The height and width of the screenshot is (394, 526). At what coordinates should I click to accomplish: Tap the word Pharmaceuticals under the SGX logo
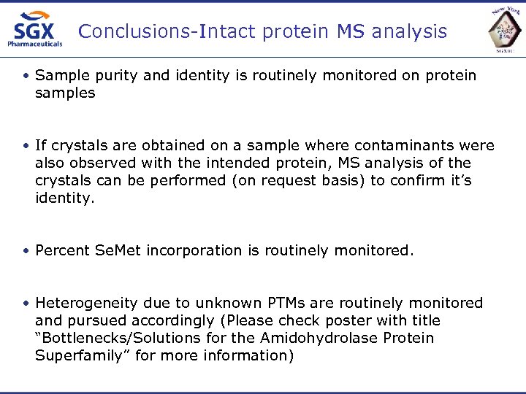pos(35,44)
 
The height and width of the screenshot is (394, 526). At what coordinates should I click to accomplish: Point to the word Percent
pos(63,250)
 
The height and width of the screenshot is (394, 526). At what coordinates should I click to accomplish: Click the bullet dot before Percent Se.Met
pos(26,251)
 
